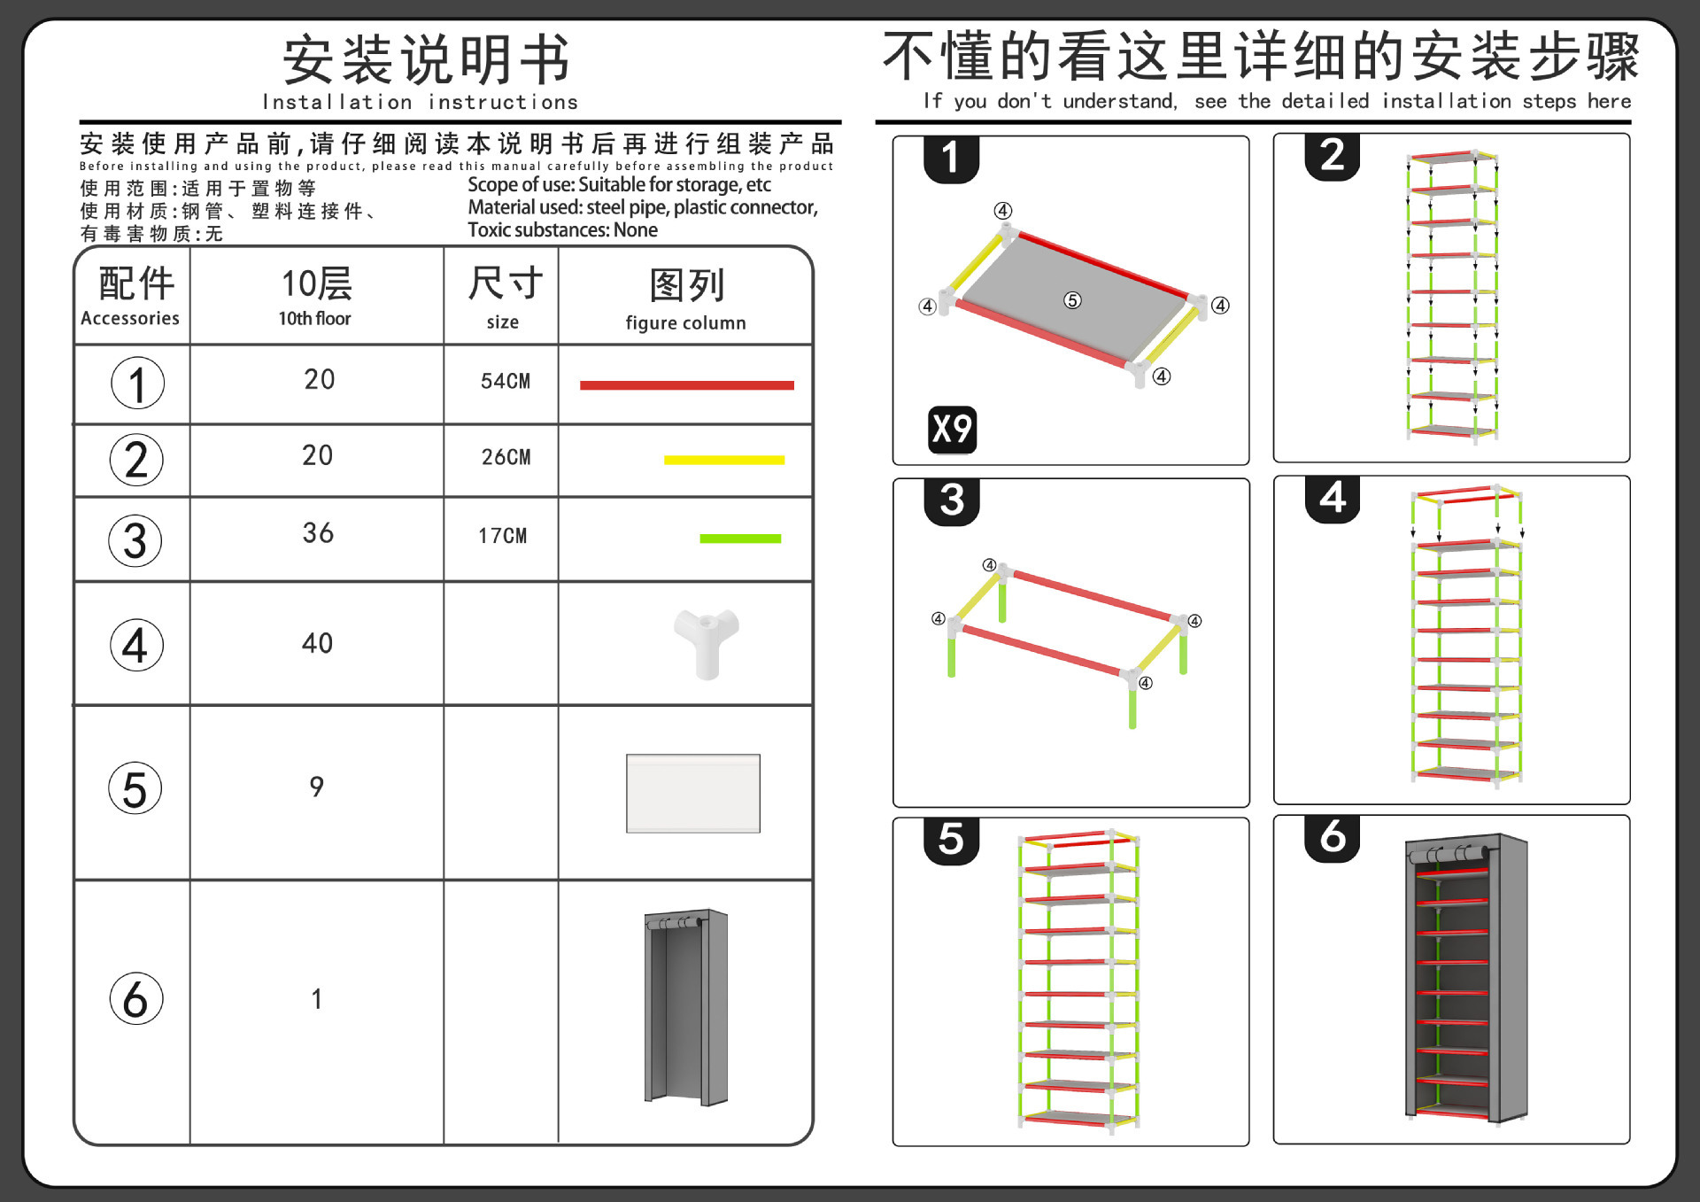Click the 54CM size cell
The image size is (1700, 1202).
505,382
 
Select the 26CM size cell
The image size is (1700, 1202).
506,457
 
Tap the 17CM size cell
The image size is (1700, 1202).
502,536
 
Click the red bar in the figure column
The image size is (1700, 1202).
686,385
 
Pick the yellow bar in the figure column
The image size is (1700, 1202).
723,460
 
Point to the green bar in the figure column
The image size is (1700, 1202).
739,539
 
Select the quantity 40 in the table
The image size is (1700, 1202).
317,643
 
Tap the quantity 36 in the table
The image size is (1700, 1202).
318,533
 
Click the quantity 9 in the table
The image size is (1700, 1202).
316,787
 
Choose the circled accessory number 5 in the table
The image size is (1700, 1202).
135,788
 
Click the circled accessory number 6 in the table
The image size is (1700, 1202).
135,999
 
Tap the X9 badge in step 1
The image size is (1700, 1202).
952,430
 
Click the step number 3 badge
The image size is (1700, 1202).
952,500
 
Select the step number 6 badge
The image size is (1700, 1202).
1332,837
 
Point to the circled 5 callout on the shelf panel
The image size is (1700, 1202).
1072,300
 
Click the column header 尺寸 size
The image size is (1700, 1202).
503,298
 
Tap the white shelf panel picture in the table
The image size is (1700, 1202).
692,794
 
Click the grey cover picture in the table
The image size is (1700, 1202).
686,1007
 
